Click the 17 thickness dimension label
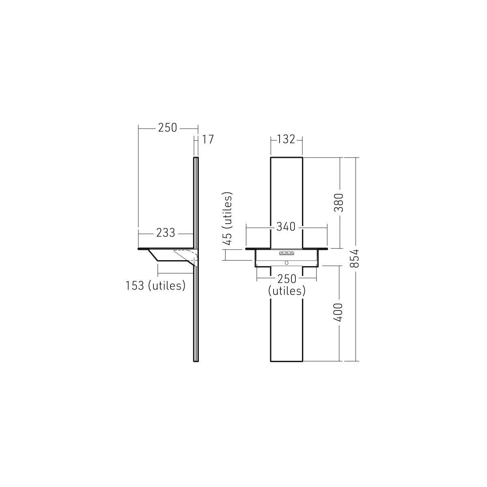point(207,140)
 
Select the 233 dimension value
point(166,233)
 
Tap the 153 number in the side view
point(135,285)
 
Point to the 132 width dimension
point(286,140)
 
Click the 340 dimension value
point(286,227)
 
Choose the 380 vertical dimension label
point(339,203)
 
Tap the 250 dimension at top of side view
point(168,127)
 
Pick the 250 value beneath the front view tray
point(287,279)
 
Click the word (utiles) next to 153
point(166,285)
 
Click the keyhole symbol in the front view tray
point(287,263)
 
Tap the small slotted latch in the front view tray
point(286,253)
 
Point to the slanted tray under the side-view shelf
point(166,256)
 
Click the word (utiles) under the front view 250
point(287,291)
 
